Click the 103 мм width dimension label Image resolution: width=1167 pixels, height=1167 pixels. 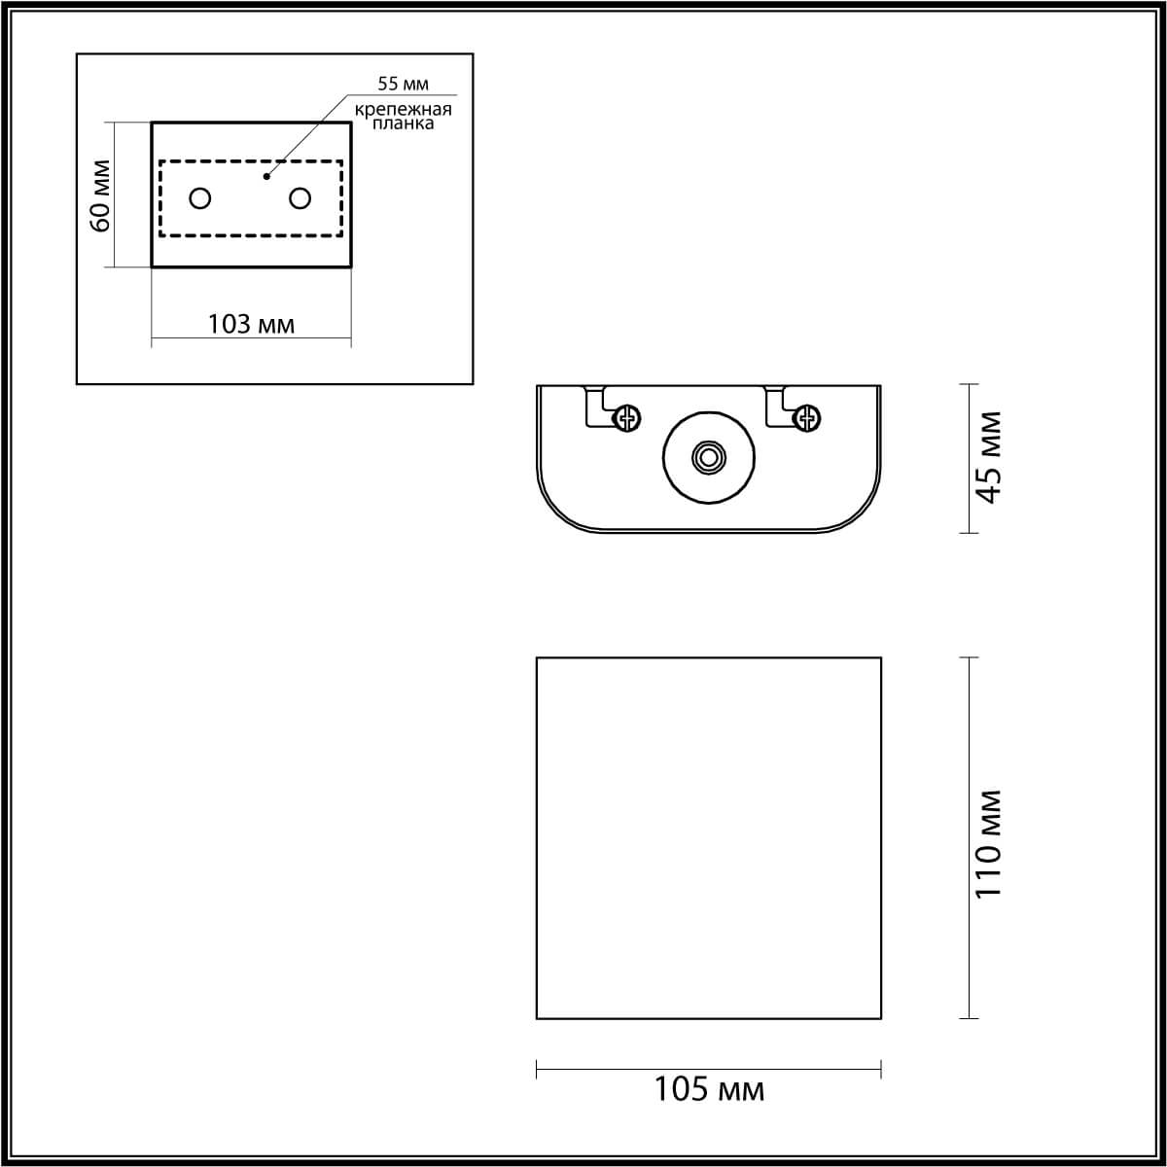click(251, 324)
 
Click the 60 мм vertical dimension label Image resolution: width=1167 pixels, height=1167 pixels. click(100, 194)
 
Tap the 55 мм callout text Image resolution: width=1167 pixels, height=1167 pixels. click(403, 85)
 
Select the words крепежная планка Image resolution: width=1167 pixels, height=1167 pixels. click(403, 116)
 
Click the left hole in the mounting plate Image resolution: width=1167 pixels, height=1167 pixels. click(200, 198)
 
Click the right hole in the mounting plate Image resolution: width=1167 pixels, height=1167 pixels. click(301, 198)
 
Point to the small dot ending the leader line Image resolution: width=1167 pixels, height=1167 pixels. click(266, 177)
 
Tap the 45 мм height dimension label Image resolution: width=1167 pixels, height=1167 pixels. click(988, 458)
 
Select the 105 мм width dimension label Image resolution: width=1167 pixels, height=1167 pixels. click(708, 1089)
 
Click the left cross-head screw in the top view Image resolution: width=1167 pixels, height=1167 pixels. click(628, 418)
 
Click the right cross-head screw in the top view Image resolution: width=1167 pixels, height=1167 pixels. click(807, 418)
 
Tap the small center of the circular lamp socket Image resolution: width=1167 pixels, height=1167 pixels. click(709, 457)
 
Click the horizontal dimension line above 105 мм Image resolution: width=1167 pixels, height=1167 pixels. click(708, 1070)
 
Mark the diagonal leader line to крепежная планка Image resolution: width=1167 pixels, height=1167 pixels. click(306, 136)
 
